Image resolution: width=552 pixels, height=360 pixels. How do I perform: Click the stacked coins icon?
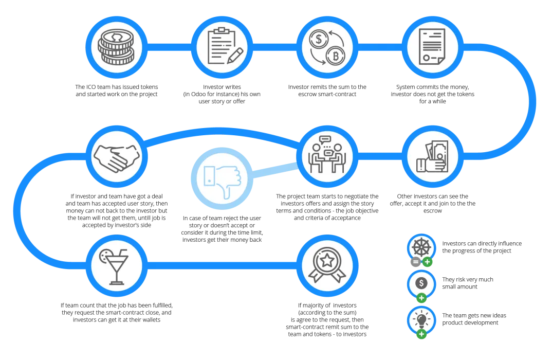pyautogui.click(x=116, y=47)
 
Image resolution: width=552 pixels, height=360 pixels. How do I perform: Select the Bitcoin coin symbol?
pyautogui.click(x=335, y=56)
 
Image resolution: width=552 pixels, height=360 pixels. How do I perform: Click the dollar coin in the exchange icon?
pyautogui.click(x=319, y=39)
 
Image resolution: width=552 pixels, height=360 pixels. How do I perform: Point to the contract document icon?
pyautogui.click(x=432, y=47)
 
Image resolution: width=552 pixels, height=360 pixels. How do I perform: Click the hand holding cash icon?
pyautogui.click(x=433, y=156)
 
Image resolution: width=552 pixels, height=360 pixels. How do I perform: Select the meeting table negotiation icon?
pyautogui.click(x=327, y=154)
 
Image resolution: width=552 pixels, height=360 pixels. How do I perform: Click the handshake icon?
pyautogui.click(x=116, y=158)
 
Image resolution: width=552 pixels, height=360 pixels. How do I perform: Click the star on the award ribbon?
pyautogui.click(x=327, y=261)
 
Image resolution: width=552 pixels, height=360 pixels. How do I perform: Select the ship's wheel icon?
pyautogui.click(x=421, y=247)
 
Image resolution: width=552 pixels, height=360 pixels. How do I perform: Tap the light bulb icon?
pyautogui.click(x=421, y=319)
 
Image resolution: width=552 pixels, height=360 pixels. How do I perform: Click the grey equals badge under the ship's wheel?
pyautogui.click(x=416, y=262)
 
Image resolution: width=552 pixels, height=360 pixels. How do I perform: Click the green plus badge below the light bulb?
pyautogui.click(x=421, y=334)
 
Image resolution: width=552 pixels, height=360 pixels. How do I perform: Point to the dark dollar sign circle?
pyautogui.click(x=421, y=283)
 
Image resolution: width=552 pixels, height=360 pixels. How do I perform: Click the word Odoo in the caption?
pyautogui.click(x=198, y=94)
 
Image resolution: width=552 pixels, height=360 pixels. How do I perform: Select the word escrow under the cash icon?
pyautogui.click(x=433, y=211)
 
